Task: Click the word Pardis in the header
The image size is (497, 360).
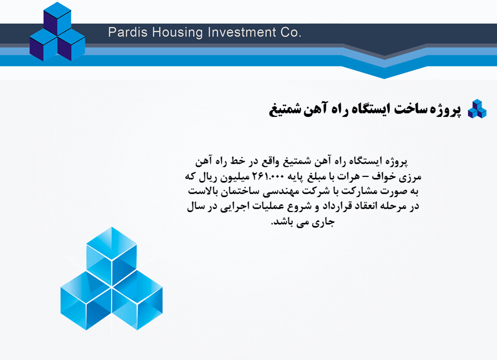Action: [x=128, y=32]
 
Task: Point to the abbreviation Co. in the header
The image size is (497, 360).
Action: [x=290, y=32]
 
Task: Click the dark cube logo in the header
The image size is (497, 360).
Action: [x=57, y=32]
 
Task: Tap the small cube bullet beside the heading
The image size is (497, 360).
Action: [x=477, y=109]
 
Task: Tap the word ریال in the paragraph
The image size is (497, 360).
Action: [x=208, y=177]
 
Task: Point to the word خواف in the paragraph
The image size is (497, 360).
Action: [x=383, y=177]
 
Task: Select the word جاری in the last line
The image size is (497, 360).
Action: [x=324, y=222]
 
